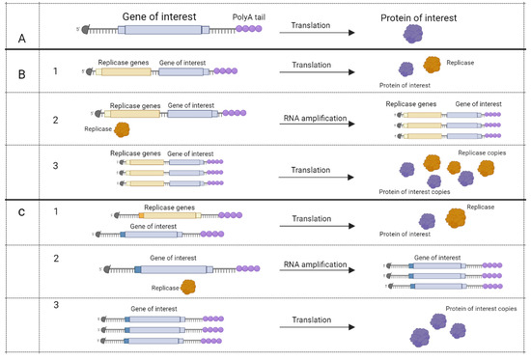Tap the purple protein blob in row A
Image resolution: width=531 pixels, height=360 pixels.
tap(413, 33)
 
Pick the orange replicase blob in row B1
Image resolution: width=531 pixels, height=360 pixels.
tap(432, 66)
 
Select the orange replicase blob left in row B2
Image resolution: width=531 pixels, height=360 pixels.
tap(124, 128)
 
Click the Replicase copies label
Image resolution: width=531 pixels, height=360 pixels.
tap(482, 152)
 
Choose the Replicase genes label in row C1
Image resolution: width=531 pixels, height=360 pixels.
tap(170, 207)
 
